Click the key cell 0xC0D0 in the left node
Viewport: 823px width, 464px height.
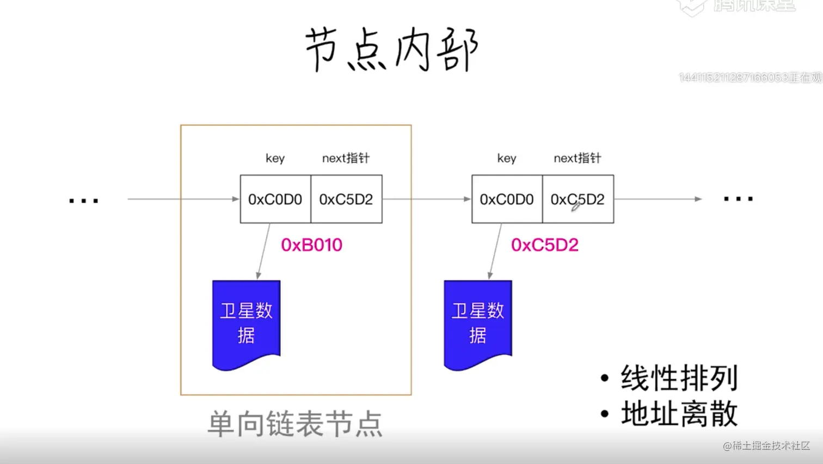[275, 200]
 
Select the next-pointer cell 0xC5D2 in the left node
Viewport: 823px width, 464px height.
[346, 200]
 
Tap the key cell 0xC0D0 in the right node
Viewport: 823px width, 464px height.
[507, 200]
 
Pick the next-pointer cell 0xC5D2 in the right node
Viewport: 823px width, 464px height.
[578, 200]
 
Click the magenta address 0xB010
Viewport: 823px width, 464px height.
[311, 245]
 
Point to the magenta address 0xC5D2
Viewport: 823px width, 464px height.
[544, 245]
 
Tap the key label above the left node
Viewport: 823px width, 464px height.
[275, 158]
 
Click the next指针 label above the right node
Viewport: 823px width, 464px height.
[577, 158]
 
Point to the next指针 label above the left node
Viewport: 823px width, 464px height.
[346, 158]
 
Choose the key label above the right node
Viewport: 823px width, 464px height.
[506, 158]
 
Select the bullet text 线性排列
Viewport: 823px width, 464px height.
[679, 378]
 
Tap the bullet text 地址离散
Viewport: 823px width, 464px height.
[679, 414]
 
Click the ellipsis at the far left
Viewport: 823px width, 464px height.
[84, 201]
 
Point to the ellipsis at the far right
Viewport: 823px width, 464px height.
[738, 199]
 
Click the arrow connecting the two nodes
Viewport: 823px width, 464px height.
[426, 199]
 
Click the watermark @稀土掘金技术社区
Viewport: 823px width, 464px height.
[766, 446]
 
